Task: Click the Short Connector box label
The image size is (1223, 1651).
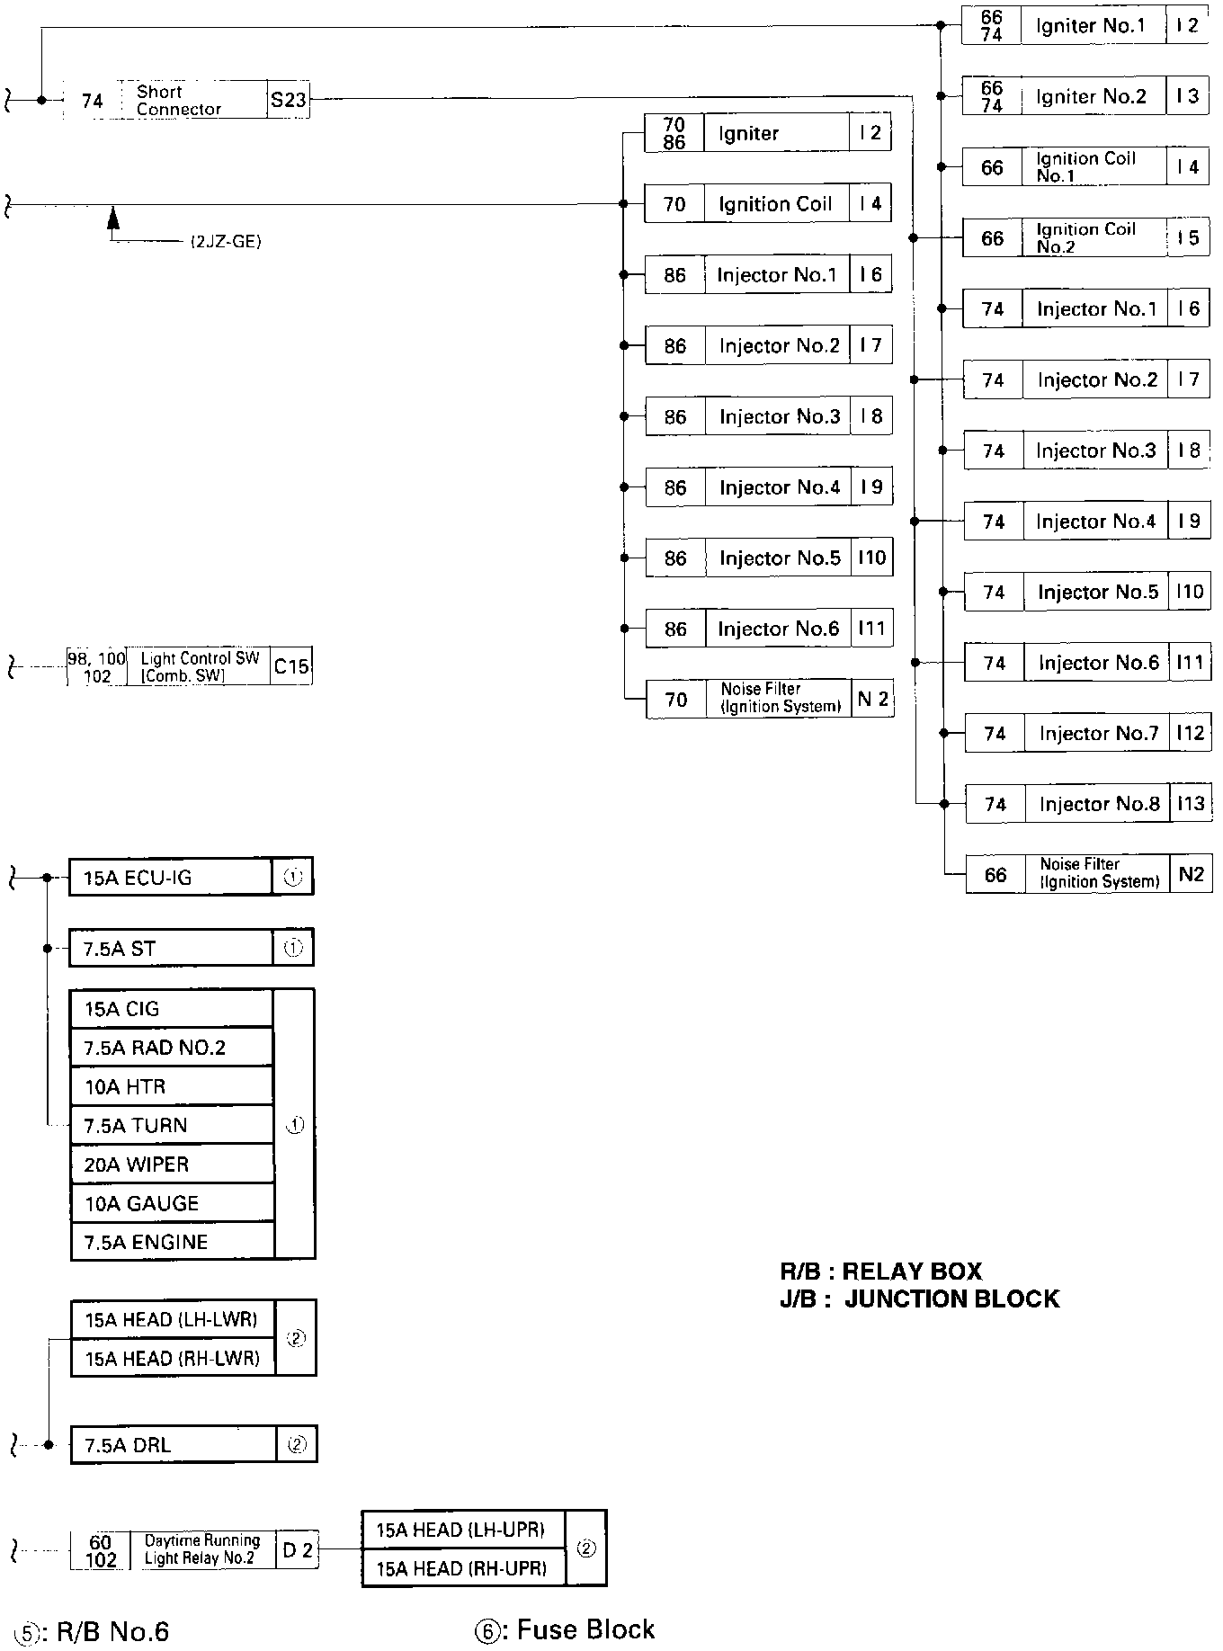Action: coord(178,101)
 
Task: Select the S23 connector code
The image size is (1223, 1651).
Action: coord(289,101)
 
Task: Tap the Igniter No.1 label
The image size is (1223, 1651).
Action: coord(1090,26)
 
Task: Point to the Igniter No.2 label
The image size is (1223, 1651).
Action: coord(1091,97)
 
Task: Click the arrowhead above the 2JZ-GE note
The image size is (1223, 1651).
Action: coord(113,216)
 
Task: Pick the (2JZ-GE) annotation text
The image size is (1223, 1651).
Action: coord(225,242)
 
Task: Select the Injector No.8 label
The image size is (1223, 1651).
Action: coord(1099,804)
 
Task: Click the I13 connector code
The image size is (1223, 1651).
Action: coord(1190,804)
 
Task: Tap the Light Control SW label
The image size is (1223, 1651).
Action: coord(200,666)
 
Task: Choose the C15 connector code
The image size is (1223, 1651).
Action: coord(290,666)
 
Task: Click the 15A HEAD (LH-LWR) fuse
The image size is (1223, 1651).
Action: coord(172,1319)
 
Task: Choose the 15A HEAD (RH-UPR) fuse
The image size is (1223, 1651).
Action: coord(462,1568)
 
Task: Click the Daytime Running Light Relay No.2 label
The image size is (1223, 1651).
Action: coord(201,1549)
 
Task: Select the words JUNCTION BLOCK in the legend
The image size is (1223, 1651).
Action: coord(951,1299)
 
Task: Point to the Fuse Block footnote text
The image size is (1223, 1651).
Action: coord(585,1629)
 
